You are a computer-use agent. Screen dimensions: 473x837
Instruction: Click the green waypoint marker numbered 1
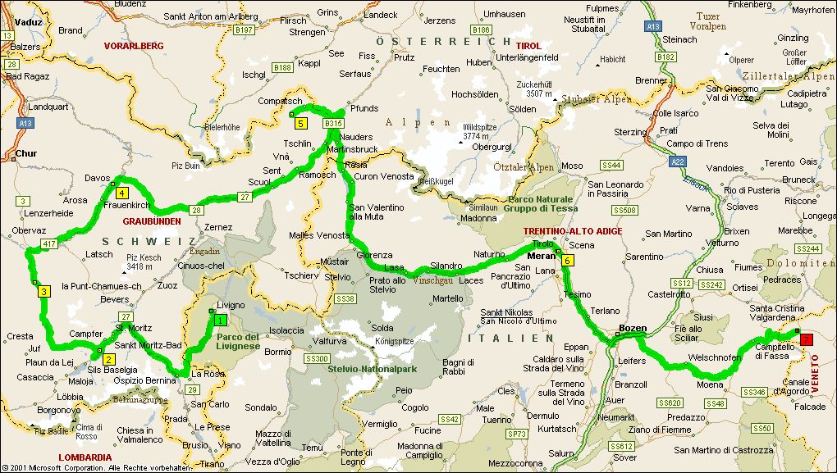pyautogui.click(x=220, y=321)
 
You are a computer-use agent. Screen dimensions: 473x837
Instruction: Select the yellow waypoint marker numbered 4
pyautogui.click(x=121, y=193)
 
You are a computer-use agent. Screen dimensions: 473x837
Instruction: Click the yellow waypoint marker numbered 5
pyautogui.click(x=301, y=124)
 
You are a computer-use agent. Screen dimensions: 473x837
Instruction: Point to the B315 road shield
pyautogui.click(x=332, y=123)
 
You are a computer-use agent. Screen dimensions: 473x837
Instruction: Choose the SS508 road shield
pyautogui.click(x=624, y=211)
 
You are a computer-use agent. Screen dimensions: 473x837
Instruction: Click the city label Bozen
pyautogui.click(x=633, y=328)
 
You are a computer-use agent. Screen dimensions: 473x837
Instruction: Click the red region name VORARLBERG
pyautogui.click(x=134, y=47)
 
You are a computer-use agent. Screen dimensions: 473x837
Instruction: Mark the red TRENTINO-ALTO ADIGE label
pyautogui.click(x=573, y=232)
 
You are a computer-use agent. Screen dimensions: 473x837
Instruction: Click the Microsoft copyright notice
pyautogui.click(x=98, y=467)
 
